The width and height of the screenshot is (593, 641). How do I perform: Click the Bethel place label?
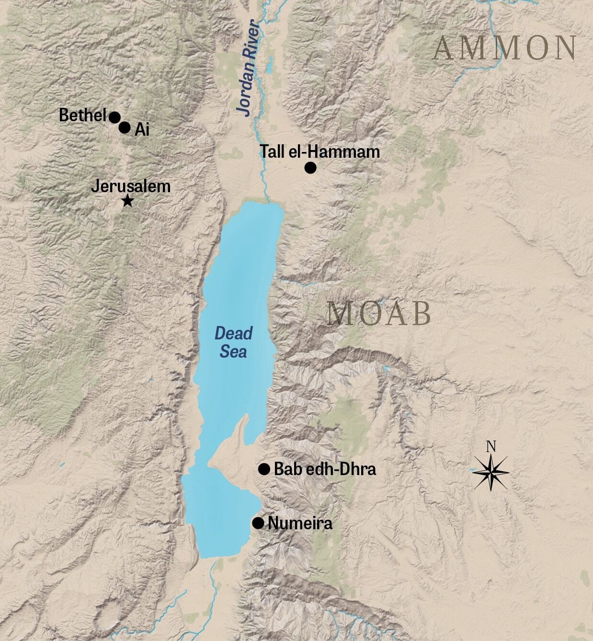[x=82, y=116]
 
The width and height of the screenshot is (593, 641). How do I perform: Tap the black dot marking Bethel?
[x=114, y=117]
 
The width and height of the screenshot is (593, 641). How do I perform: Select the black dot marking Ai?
[x=125, y=128]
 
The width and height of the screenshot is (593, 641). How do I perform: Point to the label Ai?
[x=142, y=129]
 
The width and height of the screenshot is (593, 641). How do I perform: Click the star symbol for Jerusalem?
[x=127, y=201]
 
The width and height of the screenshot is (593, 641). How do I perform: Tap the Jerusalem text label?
[x=131, y=186]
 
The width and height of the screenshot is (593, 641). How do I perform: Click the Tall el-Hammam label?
[x=319, y=152]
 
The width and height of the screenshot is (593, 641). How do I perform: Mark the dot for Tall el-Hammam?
[x=310, y=168]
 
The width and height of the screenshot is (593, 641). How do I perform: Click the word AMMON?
[x=505, y=48]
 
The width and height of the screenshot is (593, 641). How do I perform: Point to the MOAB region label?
[x=379, y=314]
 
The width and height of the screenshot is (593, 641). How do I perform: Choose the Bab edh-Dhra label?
[x=325, y=469]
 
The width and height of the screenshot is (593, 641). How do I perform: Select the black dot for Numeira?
[x=258, y=523]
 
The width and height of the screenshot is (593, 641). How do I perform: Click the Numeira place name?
[x=300, y=523]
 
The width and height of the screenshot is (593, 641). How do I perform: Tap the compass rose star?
[x=491, y=472]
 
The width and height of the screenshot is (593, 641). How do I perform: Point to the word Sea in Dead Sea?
[x=233, y=352]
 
